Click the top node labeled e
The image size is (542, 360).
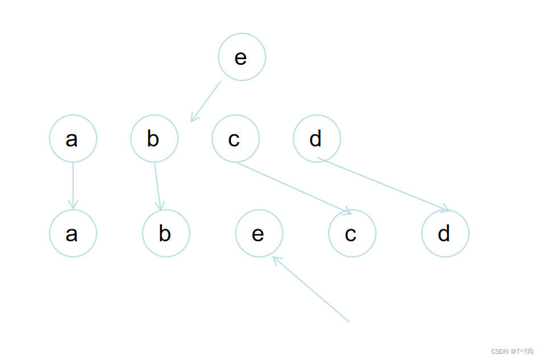[242, 57]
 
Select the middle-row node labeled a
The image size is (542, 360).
[73, 138]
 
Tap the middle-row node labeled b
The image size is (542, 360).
[154, 138]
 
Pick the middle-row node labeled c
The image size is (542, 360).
[235, 138]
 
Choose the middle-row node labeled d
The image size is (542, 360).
[317, 138]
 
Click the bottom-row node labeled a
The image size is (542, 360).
[73, 233]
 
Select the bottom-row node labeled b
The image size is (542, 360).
[166, 233]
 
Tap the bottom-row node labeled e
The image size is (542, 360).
[259, 233]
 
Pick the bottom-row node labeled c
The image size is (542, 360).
[352, 233]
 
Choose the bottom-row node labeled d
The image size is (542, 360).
[445, 233]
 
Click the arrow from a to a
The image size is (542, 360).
[73, 185]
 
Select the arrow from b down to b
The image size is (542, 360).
[158, 185]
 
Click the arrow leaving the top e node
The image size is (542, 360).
[206, 101]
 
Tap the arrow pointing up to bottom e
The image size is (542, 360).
[311, 289]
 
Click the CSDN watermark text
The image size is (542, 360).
[512, 351]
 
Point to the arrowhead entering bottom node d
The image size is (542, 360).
[446, 209]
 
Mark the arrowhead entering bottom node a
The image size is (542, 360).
[73, 205]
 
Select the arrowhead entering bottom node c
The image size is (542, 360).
[347, 213]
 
